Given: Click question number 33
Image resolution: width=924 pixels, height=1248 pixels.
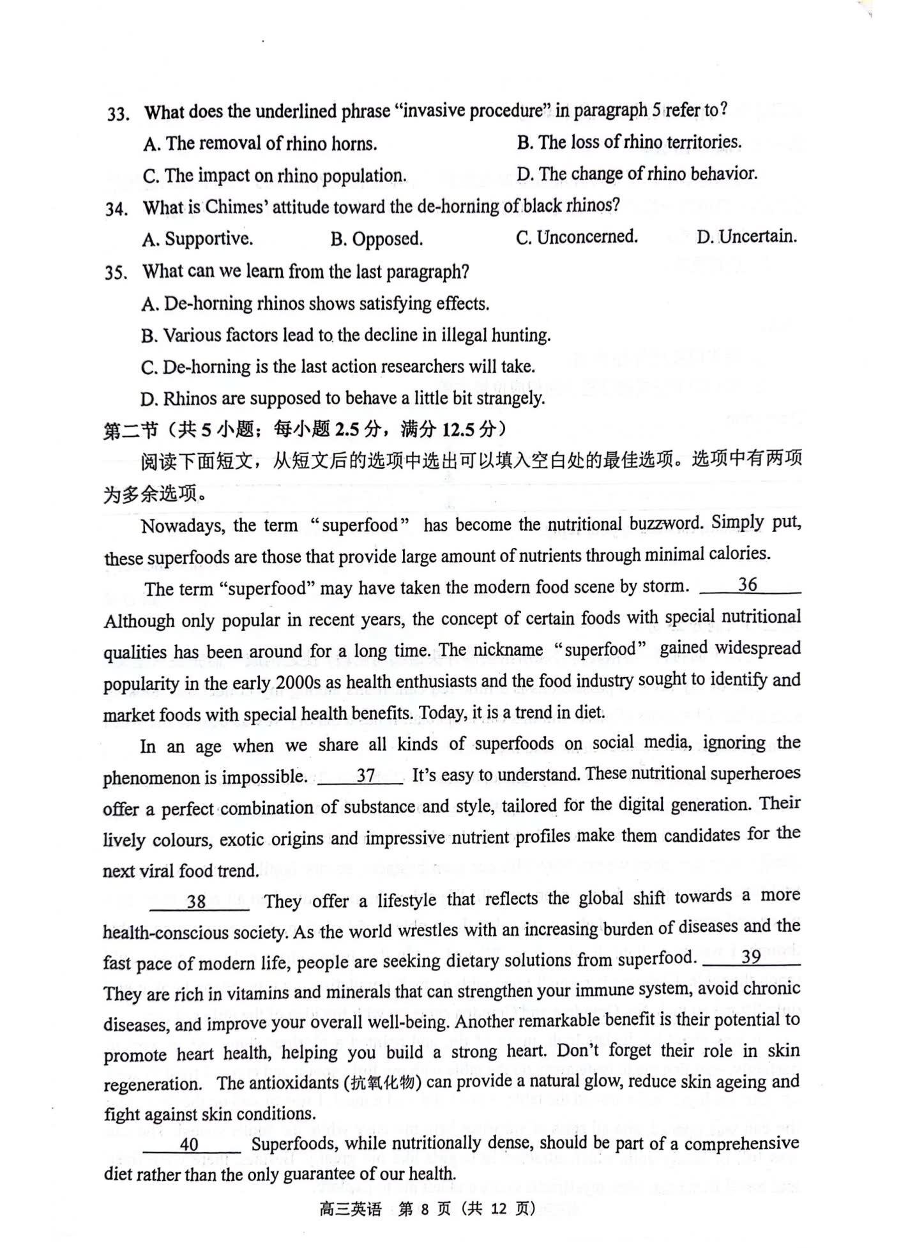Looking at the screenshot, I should pyautogui.click(x=118, y=114).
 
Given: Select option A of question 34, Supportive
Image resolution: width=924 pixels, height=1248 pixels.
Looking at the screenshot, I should pyautogui.click(x=198, y=240).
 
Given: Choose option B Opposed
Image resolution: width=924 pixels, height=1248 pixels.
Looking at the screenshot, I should pyautogui.click(x=377, y=240).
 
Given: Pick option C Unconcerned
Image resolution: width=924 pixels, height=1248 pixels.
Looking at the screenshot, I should pyautogui.click(x=577, y=238).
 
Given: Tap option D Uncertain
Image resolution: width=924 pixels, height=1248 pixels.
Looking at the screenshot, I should pyautogui.click(x=746, y=238).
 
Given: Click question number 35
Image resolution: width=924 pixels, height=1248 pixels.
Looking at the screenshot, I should pyautogui.click(x=116, y=273).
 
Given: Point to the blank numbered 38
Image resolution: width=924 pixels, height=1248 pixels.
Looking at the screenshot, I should pyautogui.click(x=197, y=901).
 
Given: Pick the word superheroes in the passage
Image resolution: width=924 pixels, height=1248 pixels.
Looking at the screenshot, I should pyautogui.click(x=757, y=773).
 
